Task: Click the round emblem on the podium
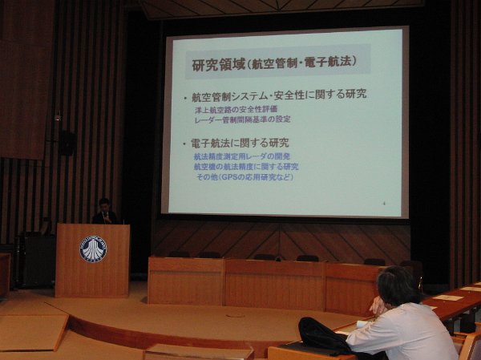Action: pyautogui.click(x=92, y=249)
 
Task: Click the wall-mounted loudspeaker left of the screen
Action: pyautogui.click(x=67, y=143)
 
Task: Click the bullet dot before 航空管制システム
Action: pyautogui.click(x=185, y=95)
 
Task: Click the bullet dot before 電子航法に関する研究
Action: pyautogui.click(x=185, y=143)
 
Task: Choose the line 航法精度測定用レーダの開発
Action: pyautogui.click(x=241, y=156)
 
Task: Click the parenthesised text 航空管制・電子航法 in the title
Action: pyautogui.click(x=308, y=63)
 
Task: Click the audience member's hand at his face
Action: pyautogui.click(x=375, y=306)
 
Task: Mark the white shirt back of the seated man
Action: pyautogui.click(x=409, y=333)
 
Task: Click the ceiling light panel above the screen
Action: pyautogui.click(x=281, y=7)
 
